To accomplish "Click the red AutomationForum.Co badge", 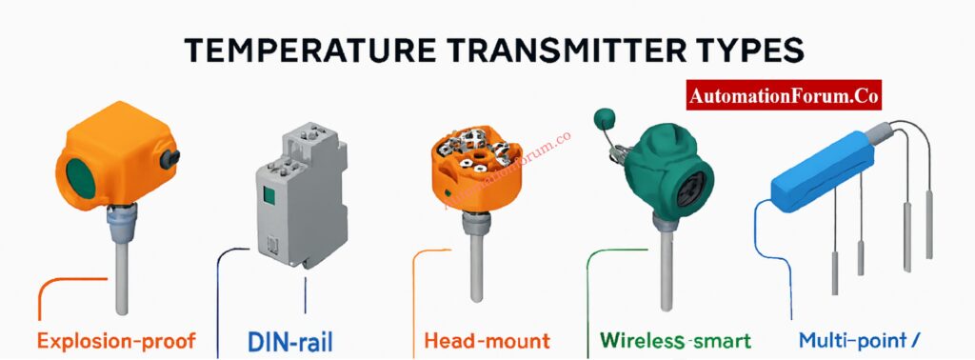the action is (x=784, y=95).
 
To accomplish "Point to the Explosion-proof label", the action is (x=116, y=341).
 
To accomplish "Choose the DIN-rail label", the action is (x=289, y=341).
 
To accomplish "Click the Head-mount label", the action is (x=487, y=341).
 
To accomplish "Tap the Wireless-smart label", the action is (x=676, y=341).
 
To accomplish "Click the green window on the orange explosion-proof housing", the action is (x=80, y=178).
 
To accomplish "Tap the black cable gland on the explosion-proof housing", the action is (x=169, y=159).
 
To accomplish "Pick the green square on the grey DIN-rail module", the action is (x=269, y=196).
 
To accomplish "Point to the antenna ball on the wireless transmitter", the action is (x=605, y=117).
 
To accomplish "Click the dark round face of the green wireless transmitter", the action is (x=692, y=189).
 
